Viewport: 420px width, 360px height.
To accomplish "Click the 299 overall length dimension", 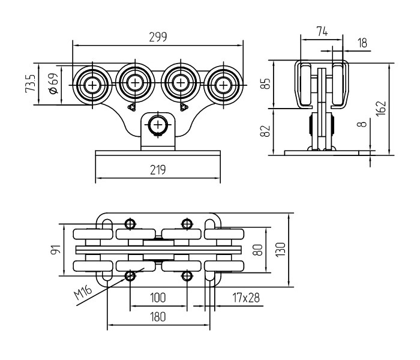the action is pos(158,37).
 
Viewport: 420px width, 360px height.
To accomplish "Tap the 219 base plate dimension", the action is pos(158,170).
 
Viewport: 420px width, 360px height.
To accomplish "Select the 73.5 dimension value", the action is pos(30,83).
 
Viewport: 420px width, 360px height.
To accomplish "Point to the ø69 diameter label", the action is pos(53,83).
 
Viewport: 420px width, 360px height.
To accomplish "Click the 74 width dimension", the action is pos(322,31).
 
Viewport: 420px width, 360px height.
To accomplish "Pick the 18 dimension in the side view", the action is pos(362,43).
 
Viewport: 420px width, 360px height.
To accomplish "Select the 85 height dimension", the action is pos(266,83).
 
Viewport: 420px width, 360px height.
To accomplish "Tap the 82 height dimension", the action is pos(265,131).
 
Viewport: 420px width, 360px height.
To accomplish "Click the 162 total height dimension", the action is pos(380,108).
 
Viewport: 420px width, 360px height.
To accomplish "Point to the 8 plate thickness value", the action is pos(362,124).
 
